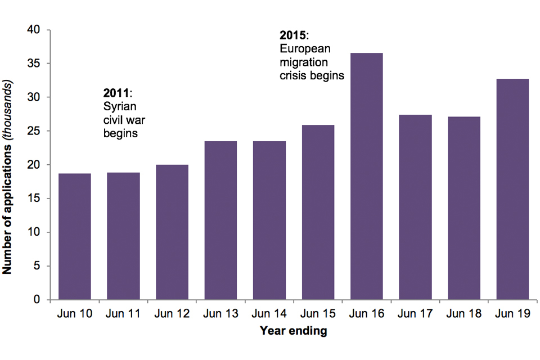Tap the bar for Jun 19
(x=513, y=189)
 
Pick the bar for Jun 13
(x=220, y=220)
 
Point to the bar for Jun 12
(x=172, y=232)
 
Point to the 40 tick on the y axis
(x=38, y=30)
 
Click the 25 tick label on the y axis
(x=38, y=131)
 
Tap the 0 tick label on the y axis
(x=41, y=300)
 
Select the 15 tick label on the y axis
(x=38, y=199)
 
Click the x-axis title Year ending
(x=293, y=331)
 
